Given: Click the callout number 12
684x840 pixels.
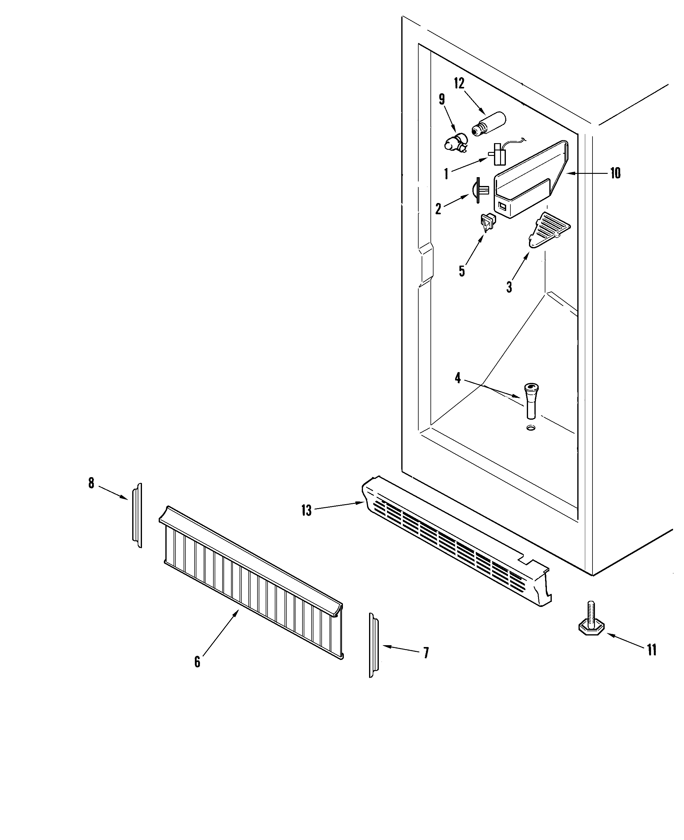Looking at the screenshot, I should (x=459, y=84).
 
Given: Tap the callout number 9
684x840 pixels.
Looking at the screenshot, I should (x=442, y=99).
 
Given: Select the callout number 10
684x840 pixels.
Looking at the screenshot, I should (x=615, y=173).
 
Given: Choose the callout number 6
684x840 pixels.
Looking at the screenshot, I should (x=197, y=662).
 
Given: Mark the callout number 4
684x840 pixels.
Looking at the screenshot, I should (x=458, y=378).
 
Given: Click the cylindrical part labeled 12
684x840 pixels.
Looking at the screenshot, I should (x=489, y=124).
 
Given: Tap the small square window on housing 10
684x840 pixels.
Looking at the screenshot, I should (x=502, y=205).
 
